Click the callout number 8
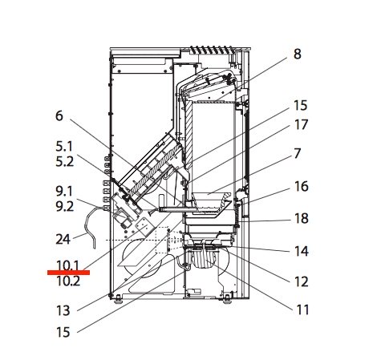click(297, 55)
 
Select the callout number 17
click(301, 125)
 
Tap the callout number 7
click(297, 154)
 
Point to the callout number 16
click(301, 187)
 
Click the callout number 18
click(301, 218)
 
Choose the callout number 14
click(301, 251)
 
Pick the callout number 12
click(301, 281)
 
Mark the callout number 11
click(302, 310)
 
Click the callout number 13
click(63, 310)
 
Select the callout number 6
click(59, 116)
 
